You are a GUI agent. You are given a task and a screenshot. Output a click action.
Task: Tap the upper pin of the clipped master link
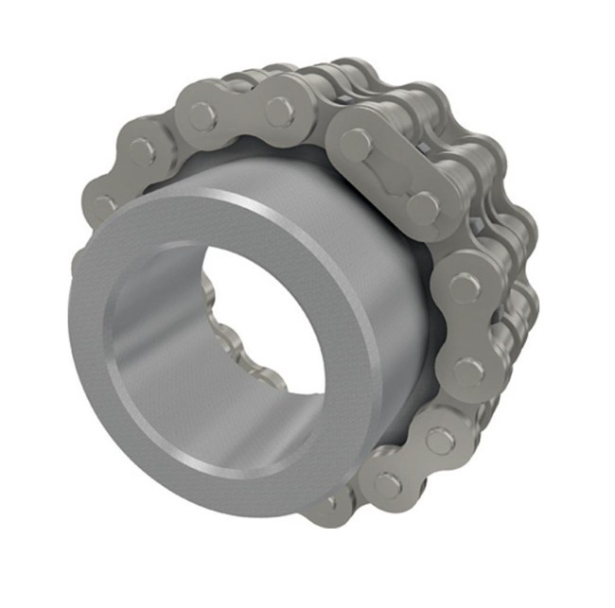tap(356, 143)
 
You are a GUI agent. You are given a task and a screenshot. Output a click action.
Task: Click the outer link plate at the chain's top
tap(240, 111)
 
